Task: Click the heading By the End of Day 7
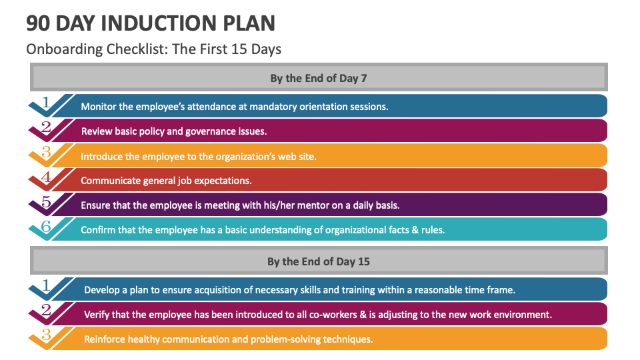pyautogui.click(x=319, y=78)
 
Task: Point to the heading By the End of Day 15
pyautogui.click(x=319, y=261)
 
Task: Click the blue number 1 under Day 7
pyautogui.click(x=46, y=103)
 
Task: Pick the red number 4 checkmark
pyautogui.click(x=46, y=177)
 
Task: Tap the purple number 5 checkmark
pyautogui.click(x=46, y=201)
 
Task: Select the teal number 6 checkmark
pyautogui.click(x=46, y=226)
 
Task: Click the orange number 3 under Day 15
pyautogui.click(x=46, y=335)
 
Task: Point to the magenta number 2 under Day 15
pyautogui.click(x=46, y=310)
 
